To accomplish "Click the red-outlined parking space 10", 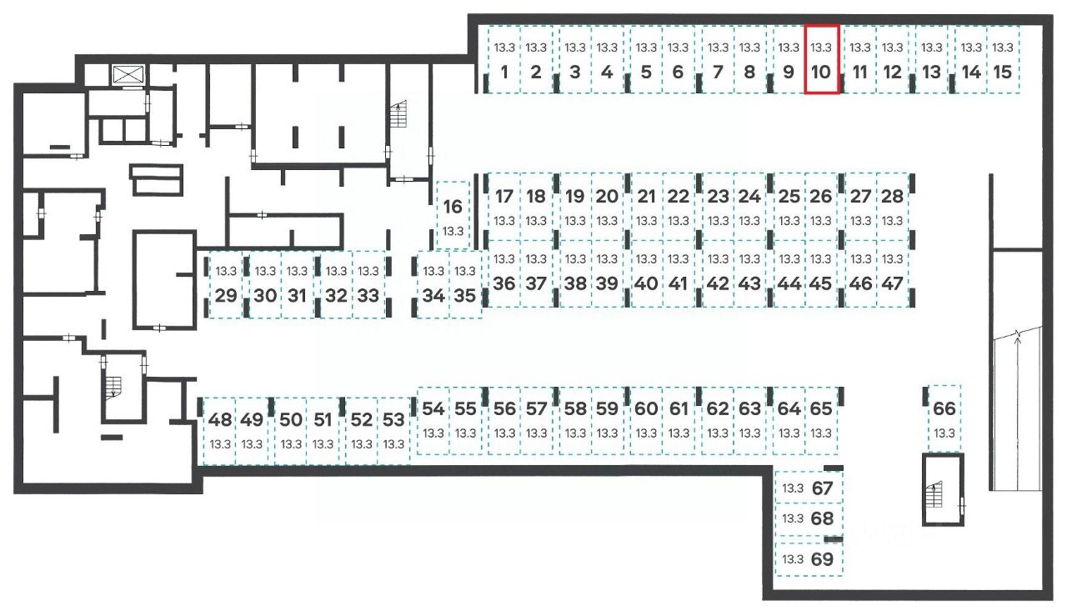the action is pos(821,60).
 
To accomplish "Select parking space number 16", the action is pos(453,215).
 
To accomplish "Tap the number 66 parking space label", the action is pos(944,408).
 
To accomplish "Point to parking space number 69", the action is pos(809,559).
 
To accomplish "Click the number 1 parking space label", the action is pos(504,73).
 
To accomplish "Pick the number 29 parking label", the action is pos(226,295).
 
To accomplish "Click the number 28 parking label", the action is pos(892,197).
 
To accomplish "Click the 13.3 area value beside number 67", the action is pos(793,488).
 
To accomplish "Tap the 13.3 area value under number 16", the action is pos(453,231).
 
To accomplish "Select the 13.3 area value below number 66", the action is pos(944,433).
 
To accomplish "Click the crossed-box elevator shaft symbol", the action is pos(128,73).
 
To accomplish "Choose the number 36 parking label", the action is pos(503,283).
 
